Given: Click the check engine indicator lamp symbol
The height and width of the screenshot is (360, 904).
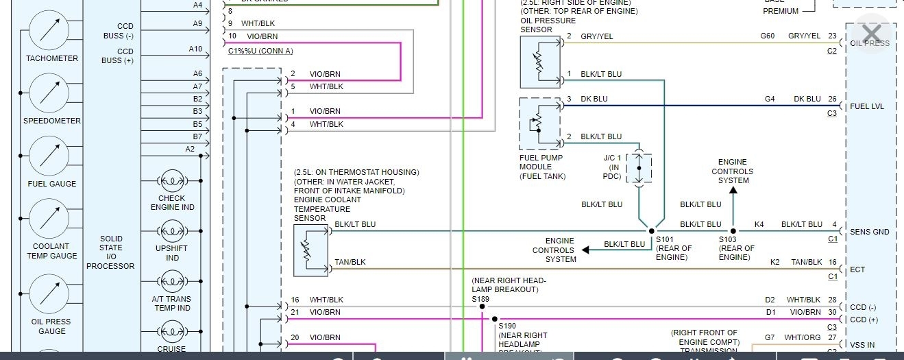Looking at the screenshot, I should pyautogui.click(x=172, y=182).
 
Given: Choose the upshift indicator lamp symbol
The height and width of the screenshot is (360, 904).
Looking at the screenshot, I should pyautogui.click(x=172, y=232).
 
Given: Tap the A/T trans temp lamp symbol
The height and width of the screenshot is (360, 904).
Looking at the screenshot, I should pyautogui.click(x=172, y=282).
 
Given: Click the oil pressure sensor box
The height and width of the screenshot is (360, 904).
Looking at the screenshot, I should pyautogui.click(x=540, y=62).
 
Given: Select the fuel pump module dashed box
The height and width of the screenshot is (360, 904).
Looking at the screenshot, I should pyautogui.click(x=539, y=124).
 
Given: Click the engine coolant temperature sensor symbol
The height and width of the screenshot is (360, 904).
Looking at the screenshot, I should pyautogui.click(x=311, y=250).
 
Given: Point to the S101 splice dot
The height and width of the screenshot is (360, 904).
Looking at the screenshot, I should pyautogui.click(x=651, y=232).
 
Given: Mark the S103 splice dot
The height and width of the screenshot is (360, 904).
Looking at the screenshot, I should pyautogui.click(x=733, y=232).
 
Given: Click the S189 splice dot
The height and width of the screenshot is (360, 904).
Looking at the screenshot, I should pyautogui.click(x=482, y=307).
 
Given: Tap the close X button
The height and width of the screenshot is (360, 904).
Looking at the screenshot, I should pyautogui.click(x=871, y=34).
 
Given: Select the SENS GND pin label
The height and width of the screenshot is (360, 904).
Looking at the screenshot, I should pyautogui.click(x=870, y=232).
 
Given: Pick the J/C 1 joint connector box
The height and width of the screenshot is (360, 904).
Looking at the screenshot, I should pyautogui.click(x=639, y=168).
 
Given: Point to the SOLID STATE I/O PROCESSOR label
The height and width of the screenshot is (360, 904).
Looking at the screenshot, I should pyautogui.click(x=111, y=252).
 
